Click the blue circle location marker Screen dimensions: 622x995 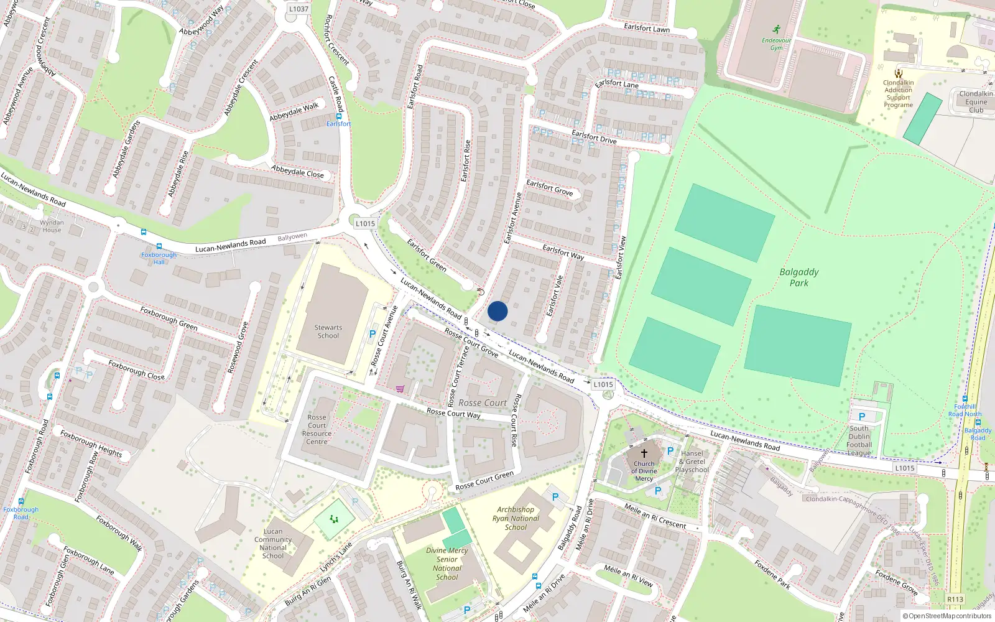pyautogui.click(x=497, y=311)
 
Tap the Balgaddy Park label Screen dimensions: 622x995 pyautogui.click(x=799, y=277)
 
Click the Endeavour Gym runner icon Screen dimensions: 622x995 pyautogui.click(x=776, y=30)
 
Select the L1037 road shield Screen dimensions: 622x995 pyautogui.click(x=298, y=9)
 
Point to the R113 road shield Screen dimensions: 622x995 pyautogui.click(x=955, y=600)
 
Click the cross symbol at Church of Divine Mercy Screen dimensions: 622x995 pyautogui.click(x=644, y=453)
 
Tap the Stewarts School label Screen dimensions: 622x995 pyautogui.click(x=328, y=332)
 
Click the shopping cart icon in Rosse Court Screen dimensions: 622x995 pyautogui.click(x=400, y=389)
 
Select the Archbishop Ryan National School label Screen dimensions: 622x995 pyautogui.click(x=516, y=518)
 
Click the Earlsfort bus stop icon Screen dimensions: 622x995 pyautogui.click(x=339, y=116)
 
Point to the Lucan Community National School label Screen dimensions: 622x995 pyautogui.click(x=273, y=544)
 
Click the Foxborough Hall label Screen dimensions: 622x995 pyautogui.click(x=159, y=258)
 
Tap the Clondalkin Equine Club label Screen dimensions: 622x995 pyautogui.click(x=976, y=102)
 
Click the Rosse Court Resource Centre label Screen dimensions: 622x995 pyautogui.click(x=317, y=430)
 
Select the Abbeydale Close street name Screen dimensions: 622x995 pyautogui.click(x=297, y=171)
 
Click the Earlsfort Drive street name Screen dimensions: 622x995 pyautogui.click(x=594, y=137)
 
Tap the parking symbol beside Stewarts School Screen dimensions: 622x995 pyautogui.click(x=373, y=334)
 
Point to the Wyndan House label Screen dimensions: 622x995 pyautogui.click(x=52, y=226)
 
